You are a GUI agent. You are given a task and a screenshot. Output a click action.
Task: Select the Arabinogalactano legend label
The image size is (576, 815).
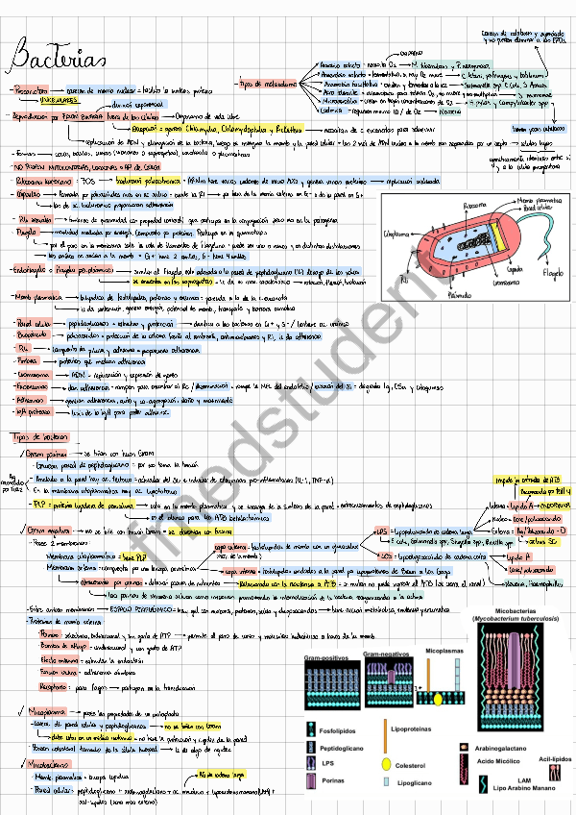tap(506, 745)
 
